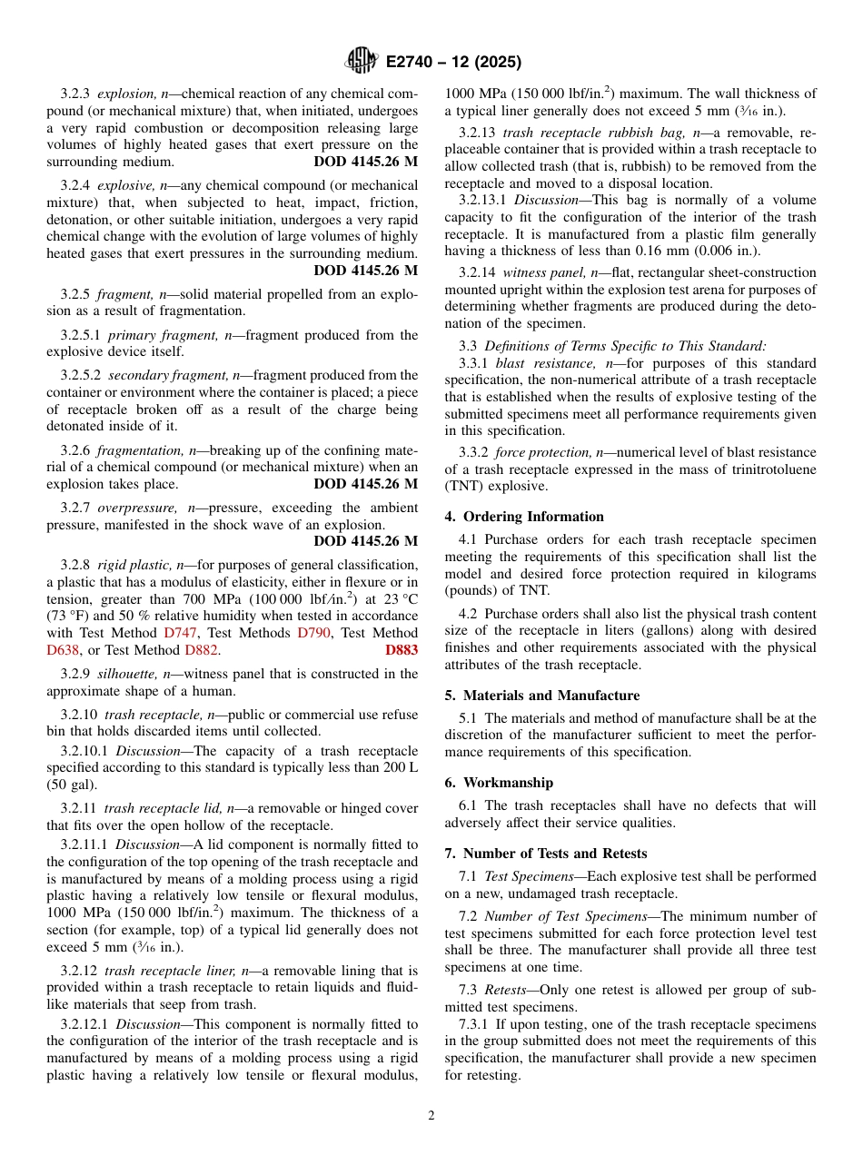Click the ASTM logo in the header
(x=361, y=62)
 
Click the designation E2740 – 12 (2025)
(x=452, y=63)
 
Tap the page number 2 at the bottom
(x=431, y=1115)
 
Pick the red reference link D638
(x=63, y=650)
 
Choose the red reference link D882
(x=201, y=650)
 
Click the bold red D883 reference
(x=402, y=650)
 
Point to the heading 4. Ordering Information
(x=524, y=517)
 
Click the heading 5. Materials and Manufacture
(x=541, y=696)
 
